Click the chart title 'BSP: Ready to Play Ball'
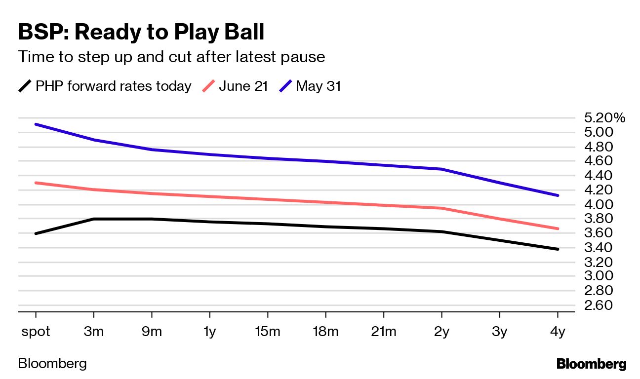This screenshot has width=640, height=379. click(141, 33)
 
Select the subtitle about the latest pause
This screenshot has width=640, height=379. click(171, 57)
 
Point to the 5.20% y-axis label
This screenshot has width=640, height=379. click(604, 118)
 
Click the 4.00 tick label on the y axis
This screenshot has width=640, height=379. click(598, 204)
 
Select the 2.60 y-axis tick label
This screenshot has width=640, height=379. click(598, 305)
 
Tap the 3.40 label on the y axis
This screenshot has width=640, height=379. click(598, 247)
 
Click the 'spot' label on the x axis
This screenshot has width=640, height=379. click(36, 332)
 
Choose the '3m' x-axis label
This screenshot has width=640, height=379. click(94, 332)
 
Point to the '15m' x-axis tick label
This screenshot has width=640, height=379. click(268, 332)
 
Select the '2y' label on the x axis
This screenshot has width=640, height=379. click(441, 332)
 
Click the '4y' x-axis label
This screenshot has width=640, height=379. click(558, 332)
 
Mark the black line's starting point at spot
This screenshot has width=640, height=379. click(36, 233)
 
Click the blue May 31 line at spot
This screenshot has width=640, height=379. click(36, 124)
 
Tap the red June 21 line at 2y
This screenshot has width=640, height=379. click(441, 208)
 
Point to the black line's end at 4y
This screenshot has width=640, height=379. click(558, 249)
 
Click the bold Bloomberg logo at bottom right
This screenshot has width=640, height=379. click(591, 365)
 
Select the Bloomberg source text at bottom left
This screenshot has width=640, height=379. click(52, 364)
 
